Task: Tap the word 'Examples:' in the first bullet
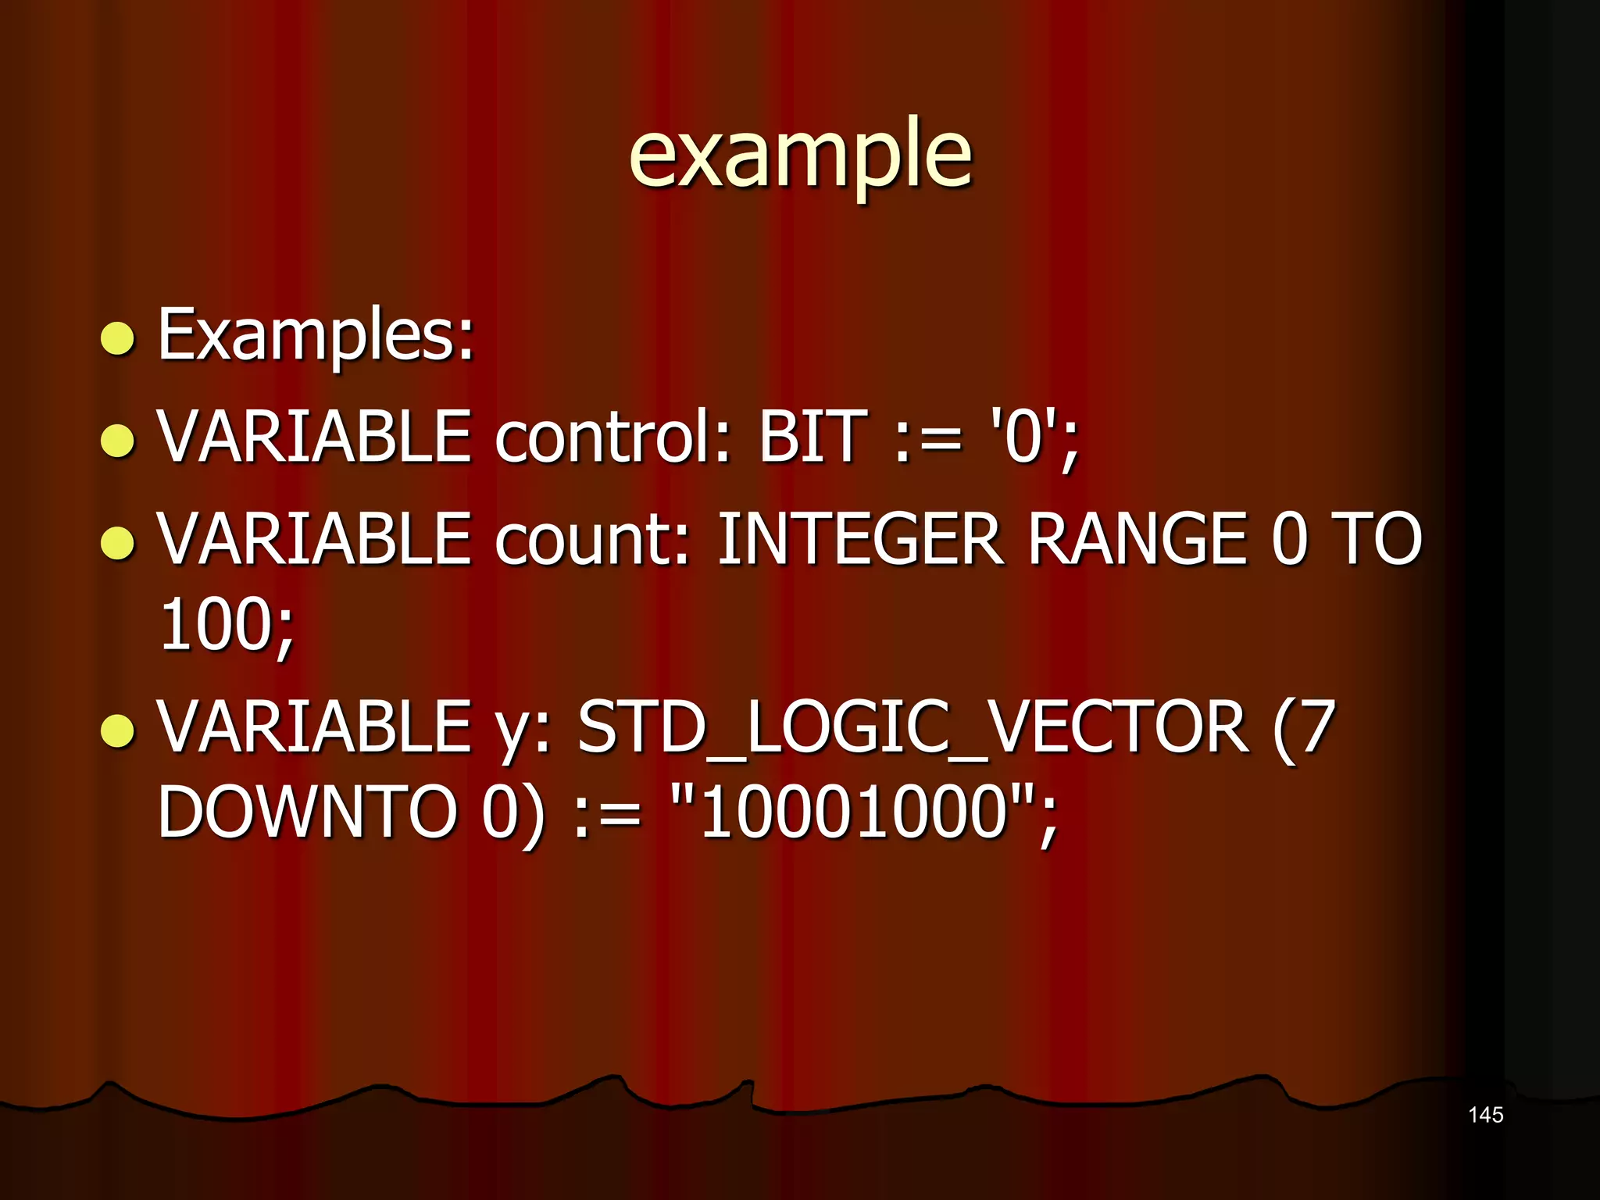316,336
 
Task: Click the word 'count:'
593,539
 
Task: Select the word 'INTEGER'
859,539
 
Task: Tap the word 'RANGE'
1137,539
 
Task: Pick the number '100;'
227,625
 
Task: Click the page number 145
1485,1115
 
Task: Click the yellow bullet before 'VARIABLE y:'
119,730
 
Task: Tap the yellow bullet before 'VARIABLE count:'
119,543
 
